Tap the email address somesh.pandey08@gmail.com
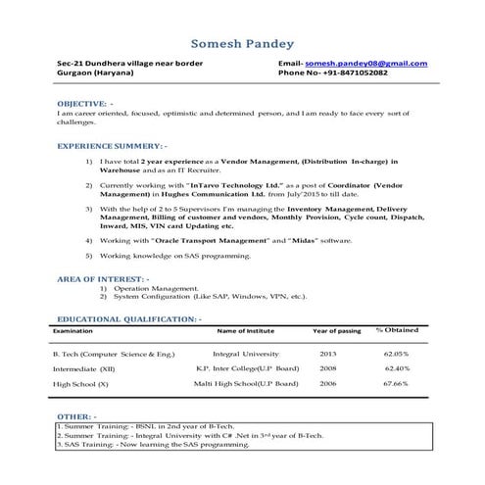tap(366, 64)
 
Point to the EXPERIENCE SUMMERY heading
tap(111, 144)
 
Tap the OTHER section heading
tap(76, 416)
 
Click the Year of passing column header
tap(336, 331)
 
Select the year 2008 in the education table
tap(327, 368)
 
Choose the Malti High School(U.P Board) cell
tap(246, 384)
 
